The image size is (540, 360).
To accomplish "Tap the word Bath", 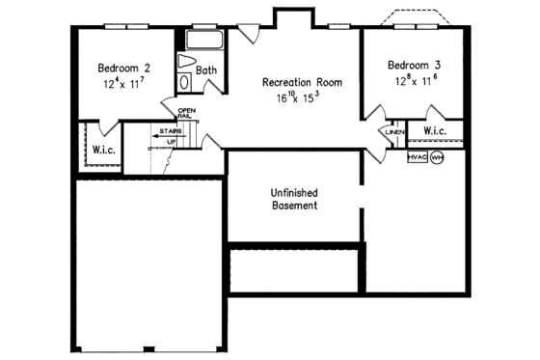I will point(206,70).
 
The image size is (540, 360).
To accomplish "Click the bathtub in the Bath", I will point(203,42).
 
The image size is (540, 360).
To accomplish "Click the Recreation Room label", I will point(302,82).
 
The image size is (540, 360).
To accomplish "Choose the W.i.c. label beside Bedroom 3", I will point(434,130).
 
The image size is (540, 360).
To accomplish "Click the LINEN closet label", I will point(394,131).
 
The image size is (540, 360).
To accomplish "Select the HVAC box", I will point(417,157).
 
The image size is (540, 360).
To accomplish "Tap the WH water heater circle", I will point(436,157).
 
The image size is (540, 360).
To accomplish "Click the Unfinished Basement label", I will point(294,198).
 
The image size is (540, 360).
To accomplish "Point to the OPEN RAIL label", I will point(186,114).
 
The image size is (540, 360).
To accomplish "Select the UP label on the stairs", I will point(171,142).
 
